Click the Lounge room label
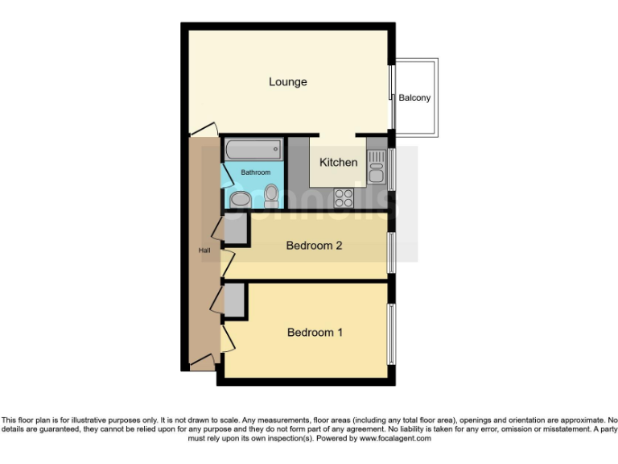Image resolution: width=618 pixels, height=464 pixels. click(x=287, y=82)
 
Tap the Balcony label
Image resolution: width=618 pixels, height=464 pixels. click(x=414, y=98)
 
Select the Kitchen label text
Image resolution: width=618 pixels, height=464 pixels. click(x=338, y=163)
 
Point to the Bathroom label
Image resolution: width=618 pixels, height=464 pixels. click(x=255, y=172)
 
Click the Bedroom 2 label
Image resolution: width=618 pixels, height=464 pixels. click(x=314, y=246)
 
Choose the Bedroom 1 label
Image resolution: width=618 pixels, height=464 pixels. click(x=315, y=332)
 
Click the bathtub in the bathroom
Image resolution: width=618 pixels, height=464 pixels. click(x=253, y=150)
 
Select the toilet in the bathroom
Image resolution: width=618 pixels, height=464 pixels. click(x=271, y=194)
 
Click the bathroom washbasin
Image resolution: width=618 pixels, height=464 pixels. click(x=240, y=199)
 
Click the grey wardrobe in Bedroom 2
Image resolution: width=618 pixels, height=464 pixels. click(x=235, y=230)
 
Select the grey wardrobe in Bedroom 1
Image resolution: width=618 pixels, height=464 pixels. click(x=234, y=300)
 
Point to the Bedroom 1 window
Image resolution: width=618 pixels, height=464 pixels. click(x=392, y=332)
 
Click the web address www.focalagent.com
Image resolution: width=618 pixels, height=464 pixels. click(x=395, y=439)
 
